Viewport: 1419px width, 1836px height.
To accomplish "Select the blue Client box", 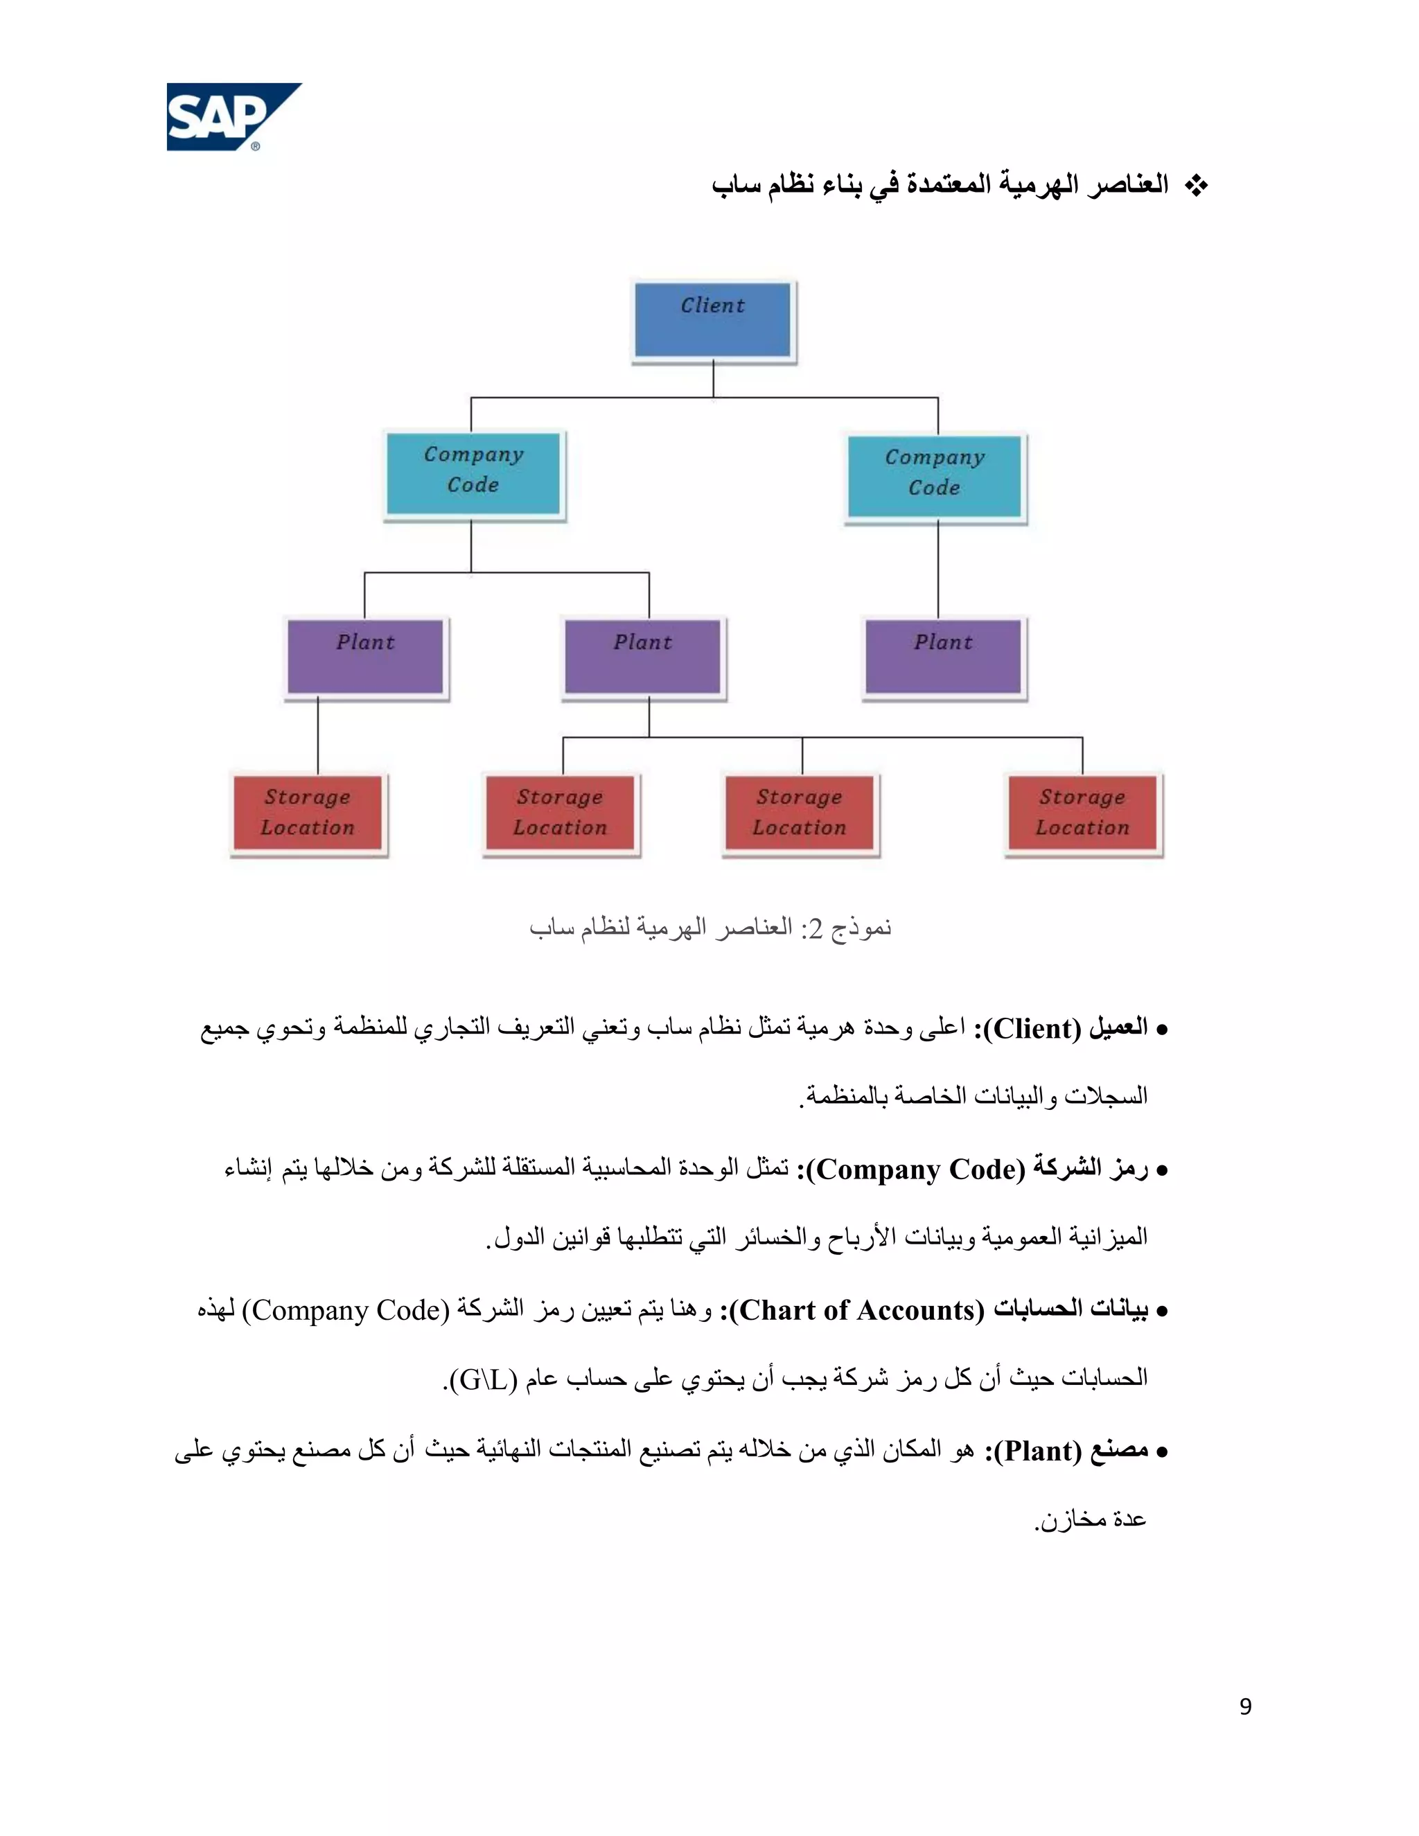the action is point(713,319).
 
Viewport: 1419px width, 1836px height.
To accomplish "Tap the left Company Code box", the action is point(473,473).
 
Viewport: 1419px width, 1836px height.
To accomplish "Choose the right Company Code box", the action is point(935,476).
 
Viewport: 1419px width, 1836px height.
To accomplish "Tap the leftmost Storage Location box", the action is point(308,813).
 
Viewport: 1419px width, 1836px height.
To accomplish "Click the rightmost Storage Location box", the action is point(1083,813).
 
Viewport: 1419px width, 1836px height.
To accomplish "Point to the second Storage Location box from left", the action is point(561,813).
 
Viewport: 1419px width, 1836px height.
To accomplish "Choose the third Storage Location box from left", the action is point(800,813).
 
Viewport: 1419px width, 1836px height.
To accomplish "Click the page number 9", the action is point(1245,1706).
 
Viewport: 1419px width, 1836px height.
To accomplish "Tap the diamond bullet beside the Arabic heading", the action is point(1195,186).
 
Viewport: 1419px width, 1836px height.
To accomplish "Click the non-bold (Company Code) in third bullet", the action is point(346,1309).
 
